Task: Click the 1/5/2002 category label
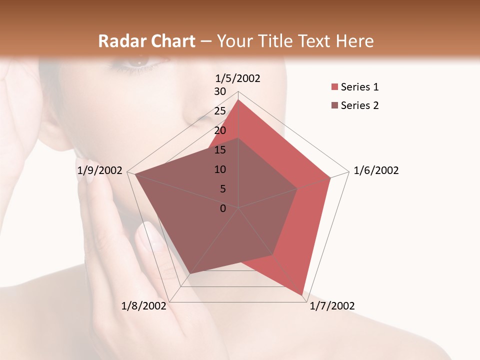(x=237, y=78)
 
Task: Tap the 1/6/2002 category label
(x=376, y=170)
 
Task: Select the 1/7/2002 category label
(x=332, y=306)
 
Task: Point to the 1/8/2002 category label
(x=144, y=306)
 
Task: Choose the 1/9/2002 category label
(x=100, y=170)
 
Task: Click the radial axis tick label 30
(x=220, y=91)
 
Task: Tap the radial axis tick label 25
(x=220, y=111)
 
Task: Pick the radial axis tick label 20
(x=220, y=130)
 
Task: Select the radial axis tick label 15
(x=220, y=150)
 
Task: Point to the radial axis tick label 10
(x=220, y=169)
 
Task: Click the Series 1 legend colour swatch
(x=334, y=87)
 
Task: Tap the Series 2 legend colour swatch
(x=334, y=105)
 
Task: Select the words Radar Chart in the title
(x=146, y=41)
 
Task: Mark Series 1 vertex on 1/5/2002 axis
(x=238, y=100)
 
